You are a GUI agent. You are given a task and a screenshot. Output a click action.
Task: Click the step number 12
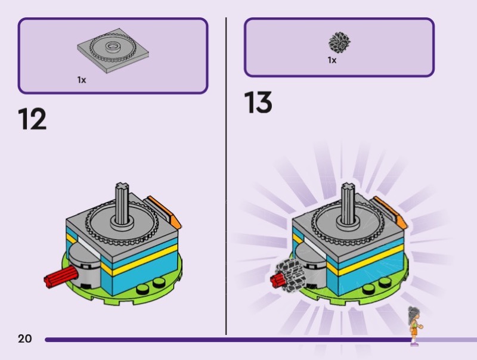point(32,119)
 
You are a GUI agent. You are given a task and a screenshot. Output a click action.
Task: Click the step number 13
point(258,103)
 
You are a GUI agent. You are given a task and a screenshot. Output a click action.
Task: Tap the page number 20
point(24,339)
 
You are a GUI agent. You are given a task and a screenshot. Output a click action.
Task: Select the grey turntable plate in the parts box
point(113,51)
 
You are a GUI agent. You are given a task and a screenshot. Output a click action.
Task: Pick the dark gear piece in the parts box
point(339,42)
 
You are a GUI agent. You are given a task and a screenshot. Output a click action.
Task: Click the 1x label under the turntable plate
point(82,80)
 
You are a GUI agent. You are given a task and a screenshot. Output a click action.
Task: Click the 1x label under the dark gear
point(332,60)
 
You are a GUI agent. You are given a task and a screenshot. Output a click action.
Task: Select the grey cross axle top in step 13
point(348,186)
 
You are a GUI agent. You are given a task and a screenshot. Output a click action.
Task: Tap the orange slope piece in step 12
point(165,212)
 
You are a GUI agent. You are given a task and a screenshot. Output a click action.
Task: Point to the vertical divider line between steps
point(226,176)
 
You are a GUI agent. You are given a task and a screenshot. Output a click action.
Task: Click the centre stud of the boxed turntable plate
point(113,46)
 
